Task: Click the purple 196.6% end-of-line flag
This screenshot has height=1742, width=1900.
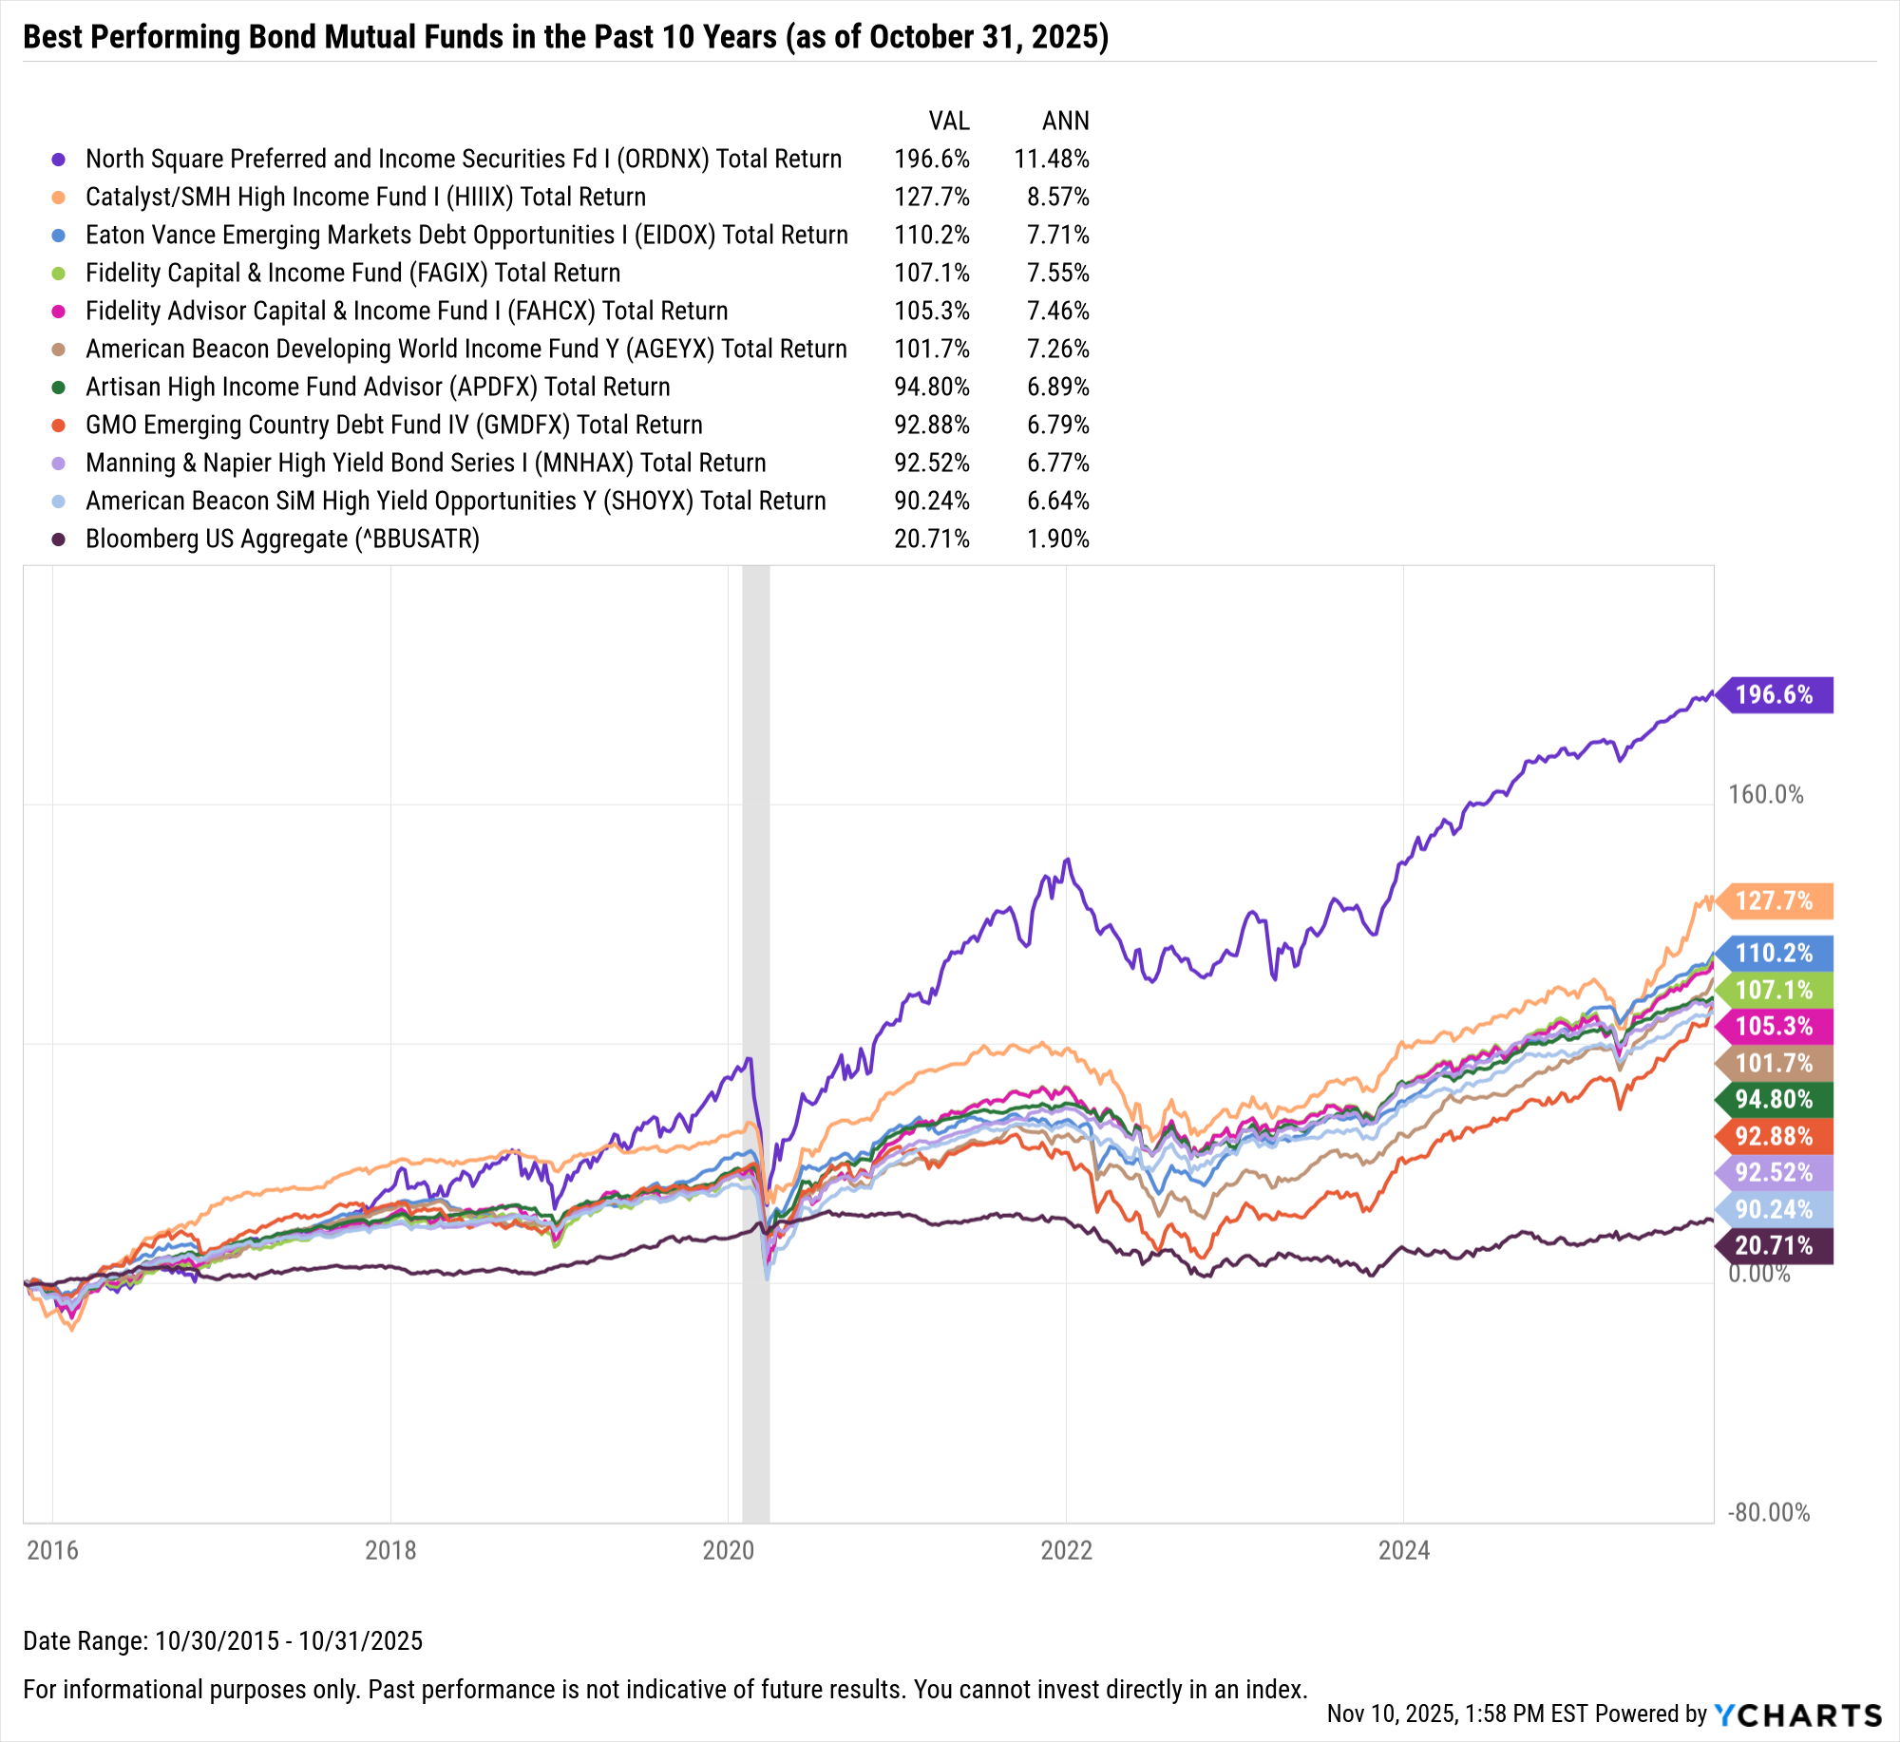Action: click(x=1775, y=694)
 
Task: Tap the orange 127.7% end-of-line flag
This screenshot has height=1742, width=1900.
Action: click(x=1775, y=900)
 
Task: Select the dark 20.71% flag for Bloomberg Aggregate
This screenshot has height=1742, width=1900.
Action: click(x=1775, y=1245)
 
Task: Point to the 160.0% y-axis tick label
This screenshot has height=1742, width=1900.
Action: click(x=1765, y=794)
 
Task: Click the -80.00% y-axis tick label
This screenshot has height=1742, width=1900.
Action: click(x=1768, y=1512)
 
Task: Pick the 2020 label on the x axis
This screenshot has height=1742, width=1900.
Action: click(x=728, y=1550)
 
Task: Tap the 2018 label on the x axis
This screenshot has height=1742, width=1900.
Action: click(x=390, y=1550)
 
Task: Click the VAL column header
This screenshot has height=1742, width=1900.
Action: click(x=948, y=121)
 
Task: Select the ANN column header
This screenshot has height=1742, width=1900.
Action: click(x=1065, y=121)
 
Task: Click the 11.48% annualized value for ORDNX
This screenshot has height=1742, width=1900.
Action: click(x=1051, y=159)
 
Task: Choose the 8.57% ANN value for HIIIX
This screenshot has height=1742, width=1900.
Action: click(x=1057, y=197)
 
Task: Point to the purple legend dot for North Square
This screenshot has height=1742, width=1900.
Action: click(x=59, y=159)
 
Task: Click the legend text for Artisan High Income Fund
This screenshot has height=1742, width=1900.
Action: click(x=377, y=387)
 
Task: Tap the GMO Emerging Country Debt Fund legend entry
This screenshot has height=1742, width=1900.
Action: click(x=393, y=425)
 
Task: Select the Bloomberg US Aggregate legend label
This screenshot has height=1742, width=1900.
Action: click(x=282, y=539)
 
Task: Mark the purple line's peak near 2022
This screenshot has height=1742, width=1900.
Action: click(x=1068, y=860)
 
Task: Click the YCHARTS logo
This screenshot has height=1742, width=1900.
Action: click(x=1797, y=1714)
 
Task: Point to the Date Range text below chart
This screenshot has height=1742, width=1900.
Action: click(x=222, y=1640)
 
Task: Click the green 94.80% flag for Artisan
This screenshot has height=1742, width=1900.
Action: click(x=1775, y=1099)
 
